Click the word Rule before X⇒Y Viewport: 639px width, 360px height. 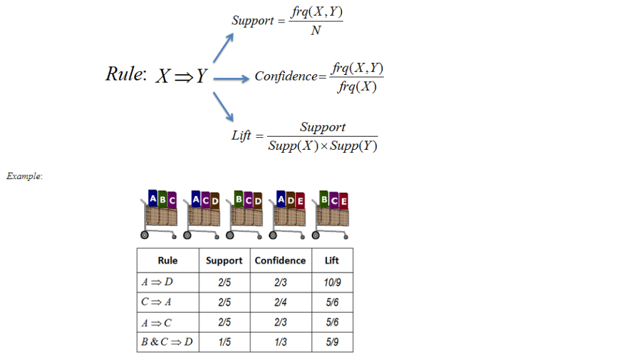pos(125,74)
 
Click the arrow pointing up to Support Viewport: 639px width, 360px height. pos(223,48)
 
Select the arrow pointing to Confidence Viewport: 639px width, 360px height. pos(231,79)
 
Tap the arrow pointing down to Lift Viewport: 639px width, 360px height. pos(223,106)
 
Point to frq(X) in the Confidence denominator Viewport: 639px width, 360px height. pos(357,87)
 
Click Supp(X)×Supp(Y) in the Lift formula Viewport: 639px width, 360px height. pos(323,147)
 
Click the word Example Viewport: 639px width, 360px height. pos(24,177)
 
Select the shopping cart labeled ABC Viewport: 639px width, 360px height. pos(159,216)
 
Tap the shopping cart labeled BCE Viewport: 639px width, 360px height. pos(331,216)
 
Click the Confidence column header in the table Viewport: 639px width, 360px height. pos(280,260)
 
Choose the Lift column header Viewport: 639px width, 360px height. pos(332,260)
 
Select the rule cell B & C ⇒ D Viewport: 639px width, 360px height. pos(167,342)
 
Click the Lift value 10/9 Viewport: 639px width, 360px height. pos(332,282)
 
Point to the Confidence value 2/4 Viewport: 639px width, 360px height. pos(280,302)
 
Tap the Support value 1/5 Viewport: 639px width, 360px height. pos(224,342)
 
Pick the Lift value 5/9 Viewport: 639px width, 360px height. pos(332,342)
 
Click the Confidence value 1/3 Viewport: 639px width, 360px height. pos(280,342)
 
